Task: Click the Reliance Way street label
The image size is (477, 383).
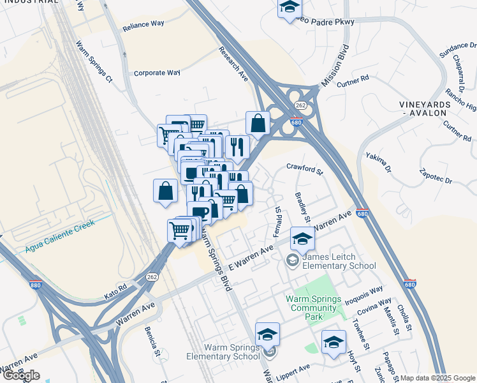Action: pyautogui.click(x=143, y=24)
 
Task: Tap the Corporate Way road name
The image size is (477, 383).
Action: pyautogui.click(x=157, y=73)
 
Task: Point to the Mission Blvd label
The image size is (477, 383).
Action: pyautogui.click(x=335, y=66)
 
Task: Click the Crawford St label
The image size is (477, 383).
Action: pyautogui.click(x=305, y=170)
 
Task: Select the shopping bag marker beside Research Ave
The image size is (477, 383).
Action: pyautogui.click(x=258, y=123)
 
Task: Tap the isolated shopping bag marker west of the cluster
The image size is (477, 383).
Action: pyautogui.click(x=165, y=191)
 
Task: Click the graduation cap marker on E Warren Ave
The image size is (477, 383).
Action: pyautogui.click(x=302, y=239)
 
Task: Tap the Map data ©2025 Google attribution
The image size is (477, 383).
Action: pyautogui.click(x=437, y=378)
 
